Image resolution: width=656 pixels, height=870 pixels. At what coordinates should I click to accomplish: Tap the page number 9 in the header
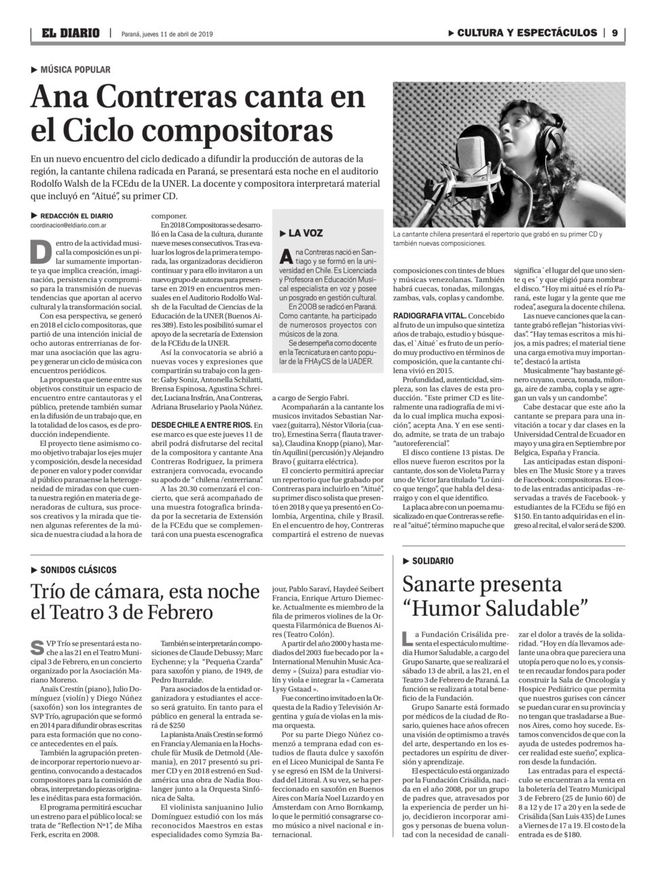click(614, 33)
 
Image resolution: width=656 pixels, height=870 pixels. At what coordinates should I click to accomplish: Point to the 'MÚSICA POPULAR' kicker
click(75, 69)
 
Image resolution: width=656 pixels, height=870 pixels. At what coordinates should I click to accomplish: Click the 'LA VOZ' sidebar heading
click(305, 233)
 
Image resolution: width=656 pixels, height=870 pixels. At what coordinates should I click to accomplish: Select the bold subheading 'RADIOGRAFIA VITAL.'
click(429, 315)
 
